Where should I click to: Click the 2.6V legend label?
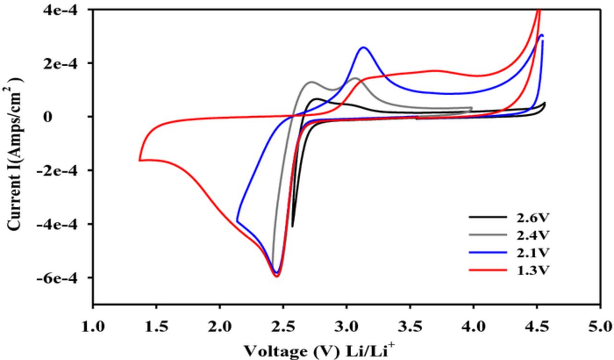532,217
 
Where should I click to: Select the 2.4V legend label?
532,235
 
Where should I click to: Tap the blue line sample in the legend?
487,252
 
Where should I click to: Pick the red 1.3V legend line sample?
487,270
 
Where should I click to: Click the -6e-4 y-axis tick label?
61,278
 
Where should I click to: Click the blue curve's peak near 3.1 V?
363,47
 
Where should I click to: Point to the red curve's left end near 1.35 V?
140,160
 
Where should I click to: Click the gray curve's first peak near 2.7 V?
312,82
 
